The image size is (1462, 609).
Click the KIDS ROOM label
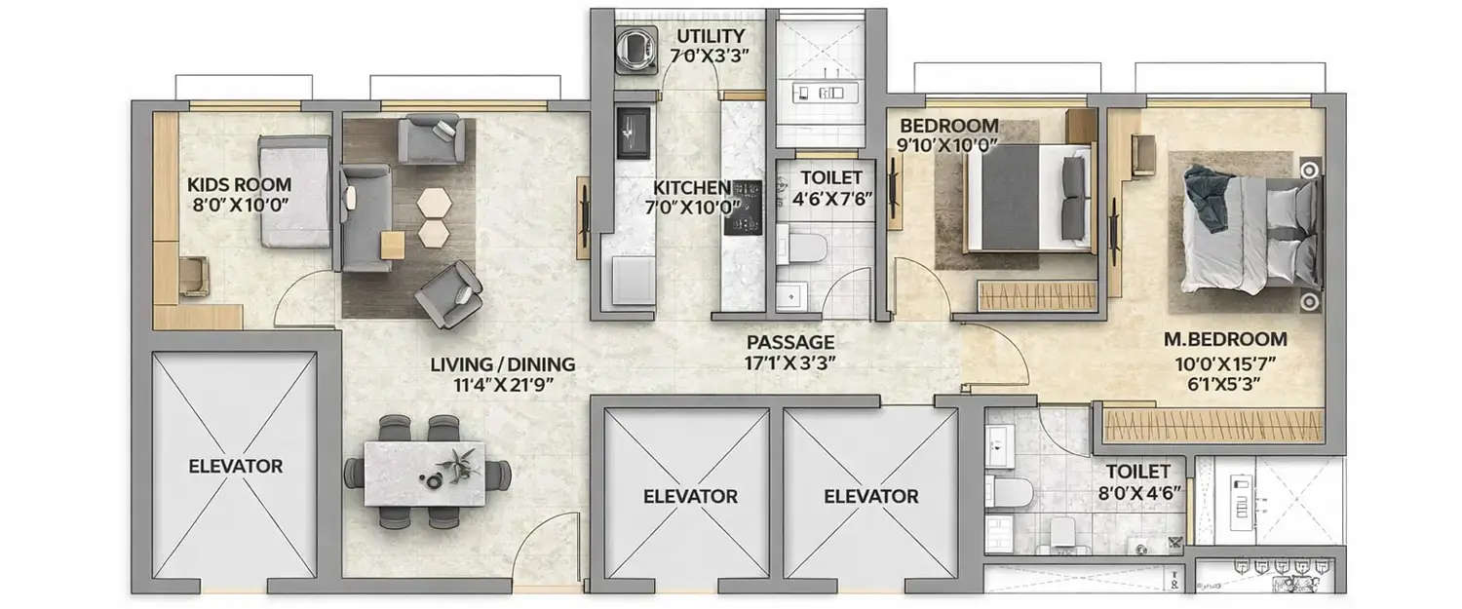(239, 183)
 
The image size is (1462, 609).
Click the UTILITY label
(712, 37)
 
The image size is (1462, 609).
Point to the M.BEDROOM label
(1225, 339)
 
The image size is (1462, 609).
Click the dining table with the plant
(426, 473)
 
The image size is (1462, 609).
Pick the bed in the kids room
(294, 192)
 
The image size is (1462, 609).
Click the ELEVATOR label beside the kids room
(235, 466)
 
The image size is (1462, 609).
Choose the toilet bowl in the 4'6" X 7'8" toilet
(805, 246)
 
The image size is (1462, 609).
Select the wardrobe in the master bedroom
(1213, 426)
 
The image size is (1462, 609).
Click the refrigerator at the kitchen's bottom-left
(626, 283)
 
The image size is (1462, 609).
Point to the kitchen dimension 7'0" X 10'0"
(698, 206)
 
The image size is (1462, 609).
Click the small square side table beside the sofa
(392, 246)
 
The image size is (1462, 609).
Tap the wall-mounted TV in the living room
(584, 217)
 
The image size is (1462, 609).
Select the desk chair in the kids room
(194, 275)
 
